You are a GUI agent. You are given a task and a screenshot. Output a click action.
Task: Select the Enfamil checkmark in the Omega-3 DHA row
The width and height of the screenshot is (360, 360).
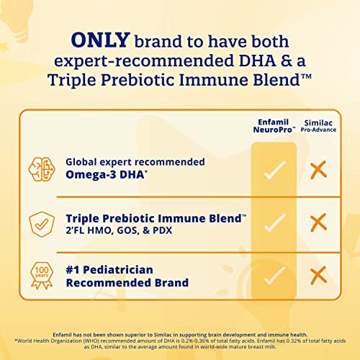[x=274, y=170]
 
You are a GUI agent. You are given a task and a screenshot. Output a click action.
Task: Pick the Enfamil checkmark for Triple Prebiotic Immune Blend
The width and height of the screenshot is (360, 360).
[x=274, y=222]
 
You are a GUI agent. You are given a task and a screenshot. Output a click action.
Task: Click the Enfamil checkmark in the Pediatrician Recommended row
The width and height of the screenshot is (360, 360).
[x=274, y=276]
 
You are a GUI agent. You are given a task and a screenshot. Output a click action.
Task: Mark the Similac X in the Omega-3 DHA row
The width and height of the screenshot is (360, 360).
[x=318, y=170]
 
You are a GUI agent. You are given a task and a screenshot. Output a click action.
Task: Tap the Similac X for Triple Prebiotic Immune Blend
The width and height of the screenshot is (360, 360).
[x=318, y=222]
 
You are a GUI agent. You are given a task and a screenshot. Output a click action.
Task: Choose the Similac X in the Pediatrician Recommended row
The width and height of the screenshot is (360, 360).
[x=318, y=276]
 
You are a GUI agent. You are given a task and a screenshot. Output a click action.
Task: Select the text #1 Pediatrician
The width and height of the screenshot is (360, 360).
[x=109, y=269]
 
